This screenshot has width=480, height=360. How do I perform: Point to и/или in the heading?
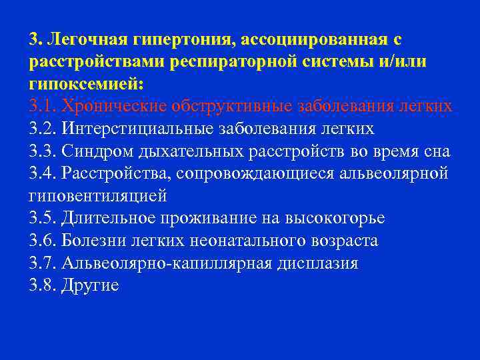(405, 62)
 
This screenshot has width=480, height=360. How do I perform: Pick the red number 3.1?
(41, 107)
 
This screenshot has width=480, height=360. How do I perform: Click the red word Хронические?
(113, 107)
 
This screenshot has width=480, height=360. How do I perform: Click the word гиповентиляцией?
(97, 196)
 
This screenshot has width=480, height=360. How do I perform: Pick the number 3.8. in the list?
(41, 286)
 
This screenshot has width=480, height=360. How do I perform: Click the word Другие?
(90, 286)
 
